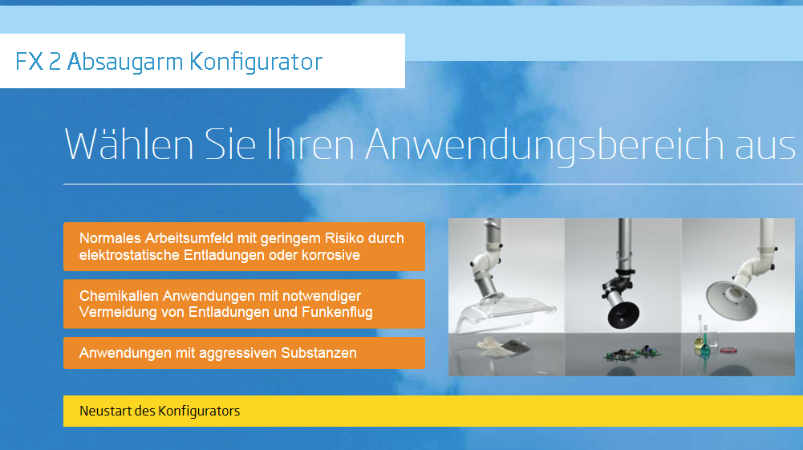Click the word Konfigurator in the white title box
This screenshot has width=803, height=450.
pos(256,62)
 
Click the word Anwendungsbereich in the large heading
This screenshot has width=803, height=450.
pos(545,145)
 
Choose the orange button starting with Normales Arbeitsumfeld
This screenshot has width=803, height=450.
pos(245,247)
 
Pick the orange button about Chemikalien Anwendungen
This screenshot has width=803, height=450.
pos(245,304)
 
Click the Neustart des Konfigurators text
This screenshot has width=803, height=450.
pos(160,411)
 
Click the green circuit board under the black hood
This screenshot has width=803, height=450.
pos(633,353)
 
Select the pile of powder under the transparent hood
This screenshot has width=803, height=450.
pos(503,346)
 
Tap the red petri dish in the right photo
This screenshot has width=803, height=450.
pos(728,351)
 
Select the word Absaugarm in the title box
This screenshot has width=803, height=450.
pos(125,62)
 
